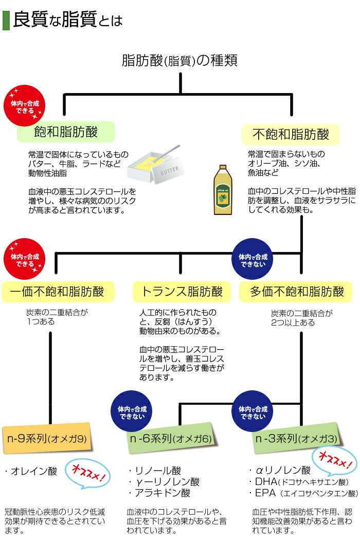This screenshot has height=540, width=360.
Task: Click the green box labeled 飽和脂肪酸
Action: tap(66, 133)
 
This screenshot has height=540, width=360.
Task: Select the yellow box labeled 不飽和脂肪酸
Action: tap(291, 135)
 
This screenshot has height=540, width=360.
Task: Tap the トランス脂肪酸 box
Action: tap(180, 292)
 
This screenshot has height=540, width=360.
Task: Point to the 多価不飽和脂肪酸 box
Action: tap(297, 292)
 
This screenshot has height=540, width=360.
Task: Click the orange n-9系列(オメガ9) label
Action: tap(47, 438)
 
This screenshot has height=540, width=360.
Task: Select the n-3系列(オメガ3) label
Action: tap(297, 438)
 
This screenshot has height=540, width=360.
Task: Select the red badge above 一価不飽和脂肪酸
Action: tap(25, 260)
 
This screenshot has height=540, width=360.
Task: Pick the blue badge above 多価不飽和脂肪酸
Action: tap(253, 260)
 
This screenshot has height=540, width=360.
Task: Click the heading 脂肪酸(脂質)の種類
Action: tap(179, 61)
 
